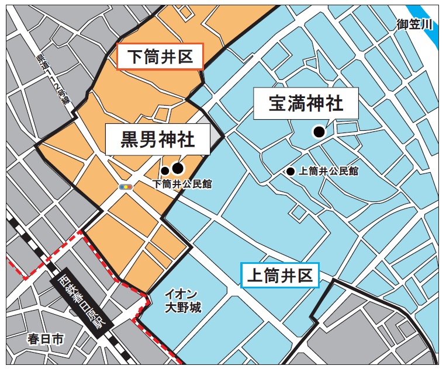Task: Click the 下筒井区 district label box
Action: point(160,57)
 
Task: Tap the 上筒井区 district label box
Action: point(280,275)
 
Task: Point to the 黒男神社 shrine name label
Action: point(157,140)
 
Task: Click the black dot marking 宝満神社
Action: point(319,132)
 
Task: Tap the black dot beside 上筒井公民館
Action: point(291,172)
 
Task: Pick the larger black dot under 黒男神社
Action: point(178,169)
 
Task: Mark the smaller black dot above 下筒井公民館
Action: point(165,171)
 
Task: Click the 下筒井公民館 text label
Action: point(182,184)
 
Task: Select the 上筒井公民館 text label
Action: point(328,172)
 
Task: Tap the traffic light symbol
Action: point(125,186)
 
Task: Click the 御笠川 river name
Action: point(414,24)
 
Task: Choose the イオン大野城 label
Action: point(183,300)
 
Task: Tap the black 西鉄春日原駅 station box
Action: point(80,304)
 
